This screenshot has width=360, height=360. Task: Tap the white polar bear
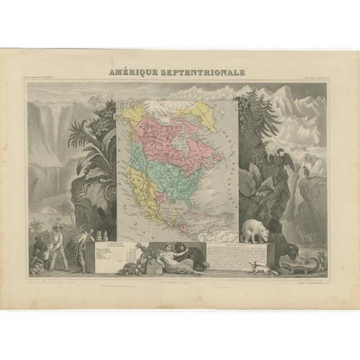[x=256, y=230]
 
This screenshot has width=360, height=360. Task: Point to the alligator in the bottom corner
[x=312, y=265]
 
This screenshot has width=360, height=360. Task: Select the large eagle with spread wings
[x=286, y=160]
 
